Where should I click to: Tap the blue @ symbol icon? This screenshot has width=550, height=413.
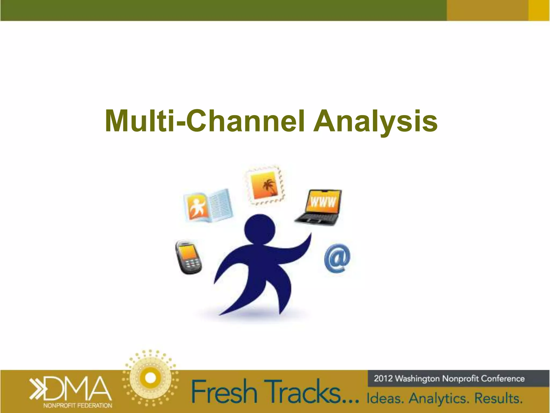(x=337, y=258)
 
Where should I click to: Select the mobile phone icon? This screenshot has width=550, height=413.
(x=188, y=257)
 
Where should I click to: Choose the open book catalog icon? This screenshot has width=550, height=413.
(x=208, y=206)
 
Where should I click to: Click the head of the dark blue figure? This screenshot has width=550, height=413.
(x=259, y=229)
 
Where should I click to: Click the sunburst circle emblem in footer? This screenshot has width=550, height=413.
(x=150, y=378)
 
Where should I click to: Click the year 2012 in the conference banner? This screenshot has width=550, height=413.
(x=383, y=379)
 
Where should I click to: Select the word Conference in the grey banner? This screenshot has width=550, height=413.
(x=502, y=379)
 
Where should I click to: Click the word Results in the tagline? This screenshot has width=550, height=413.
(x=498, y=398)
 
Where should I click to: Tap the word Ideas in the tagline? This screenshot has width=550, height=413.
(x=385, y=398)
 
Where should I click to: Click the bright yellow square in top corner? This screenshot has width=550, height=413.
(x=539, y=10)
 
